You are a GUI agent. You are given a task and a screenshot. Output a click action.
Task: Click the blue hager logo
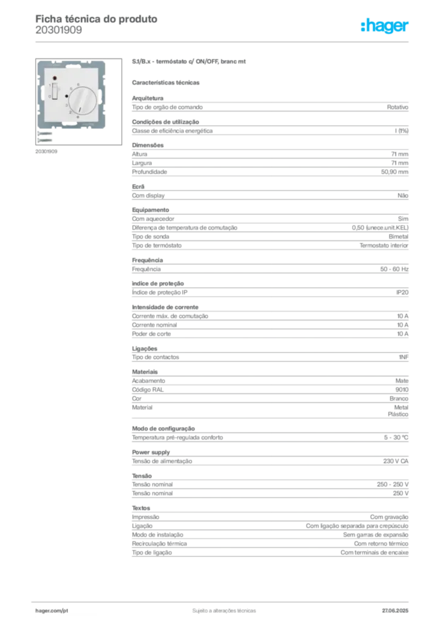(386, 26)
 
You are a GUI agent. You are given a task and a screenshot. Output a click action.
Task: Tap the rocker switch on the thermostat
(55, 91)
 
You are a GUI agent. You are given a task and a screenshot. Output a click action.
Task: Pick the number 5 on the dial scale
(70, 88)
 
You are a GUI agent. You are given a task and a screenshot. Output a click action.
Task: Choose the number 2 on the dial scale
(70, 113)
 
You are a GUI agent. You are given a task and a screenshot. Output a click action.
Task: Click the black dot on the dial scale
(66, 96)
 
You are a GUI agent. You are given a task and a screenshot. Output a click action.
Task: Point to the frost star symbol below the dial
(78, 117)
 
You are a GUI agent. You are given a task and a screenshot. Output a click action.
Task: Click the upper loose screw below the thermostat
(46, 134)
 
